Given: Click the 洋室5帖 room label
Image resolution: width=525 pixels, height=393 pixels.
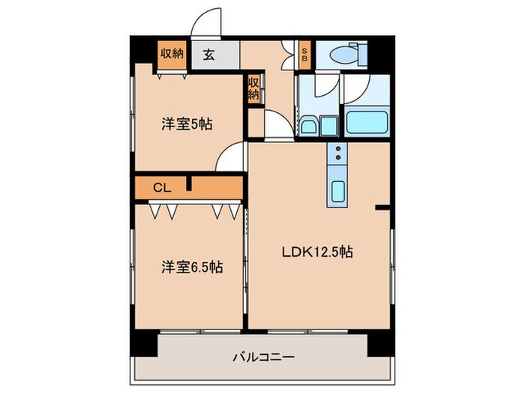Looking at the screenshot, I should click(x=187, y=124).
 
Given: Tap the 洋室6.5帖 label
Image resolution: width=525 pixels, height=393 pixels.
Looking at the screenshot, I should click(x=192, y=266).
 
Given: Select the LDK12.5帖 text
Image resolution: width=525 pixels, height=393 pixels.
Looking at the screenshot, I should click(x=317, y=252).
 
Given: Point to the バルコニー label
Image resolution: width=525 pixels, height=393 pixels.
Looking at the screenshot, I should click(x=262, y=357).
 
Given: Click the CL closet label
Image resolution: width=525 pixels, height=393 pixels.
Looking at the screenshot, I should click(x=161, y=188).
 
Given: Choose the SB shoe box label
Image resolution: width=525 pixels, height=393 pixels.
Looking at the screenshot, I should click(x=304, y=54).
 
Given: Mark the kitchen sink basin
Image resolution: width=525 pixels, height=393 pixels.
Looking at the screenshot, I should click(x=338, y=194).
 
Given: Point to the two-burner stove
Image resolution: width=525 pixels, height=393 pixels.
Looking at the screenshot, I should click(x=338, y=154).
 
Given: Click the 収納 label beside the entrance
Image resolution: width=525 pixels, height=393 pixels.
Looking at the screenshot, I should click(x=172, y=54).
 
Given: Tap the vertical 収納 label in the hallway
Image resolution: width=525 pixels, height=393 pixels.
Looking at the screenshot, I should click(x=254, y=89).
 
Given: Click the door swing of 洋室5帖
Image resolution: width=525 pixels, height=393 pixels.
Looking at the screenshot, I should click(x=231, y=158).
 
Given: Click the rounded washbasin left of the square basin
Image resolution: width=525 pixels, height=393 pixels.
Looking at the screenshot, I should click(x=308, y=125).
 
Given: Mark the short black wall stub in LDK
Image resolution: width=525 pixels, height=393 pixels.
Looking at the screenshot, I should click(x=382, y=207).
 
